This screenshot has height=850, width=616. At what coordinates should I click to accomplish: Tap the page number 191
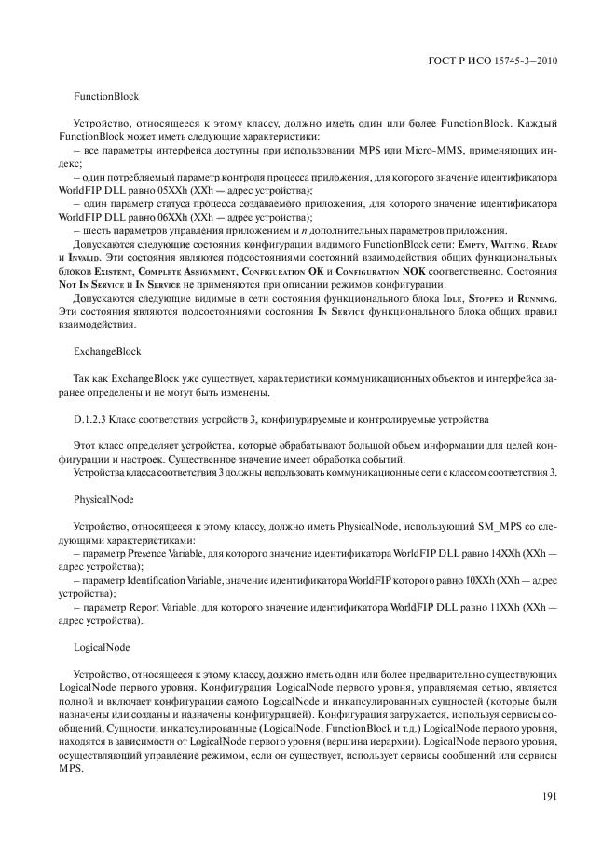pos(550,794)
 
